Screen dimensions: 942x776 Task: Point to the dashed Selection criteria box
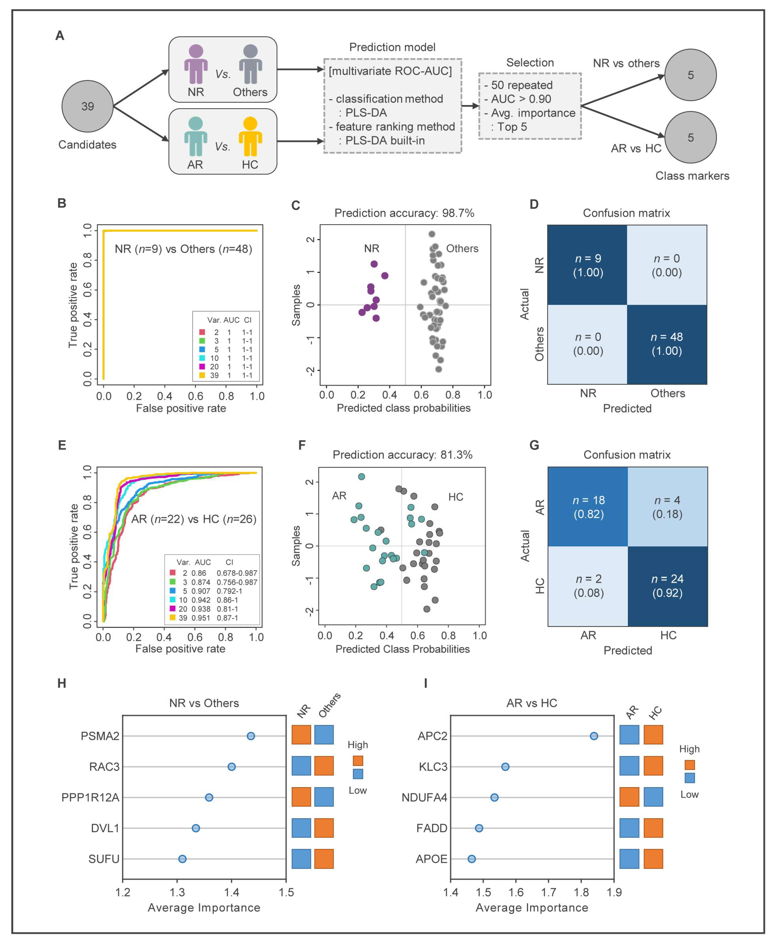[530, 106]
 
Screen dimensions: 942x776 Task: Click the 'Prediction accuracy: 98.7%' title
[404, 213]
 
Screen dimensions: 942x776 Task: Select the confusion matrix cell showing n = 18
[588, 507]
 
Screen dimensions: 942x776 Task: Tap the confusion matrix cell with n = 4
[667, 507]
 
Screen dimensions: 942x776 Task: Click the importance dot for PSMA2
[251, 736]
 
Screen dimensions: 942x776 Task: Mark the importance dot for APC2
[594, 736]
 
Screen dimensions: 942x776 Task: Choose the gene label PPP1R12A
[90, 798]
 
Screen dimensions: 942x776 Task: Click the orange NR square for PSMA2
[301, 735]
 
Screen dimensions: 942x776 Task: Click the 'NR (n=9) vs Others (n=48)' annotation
[183, 249]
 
